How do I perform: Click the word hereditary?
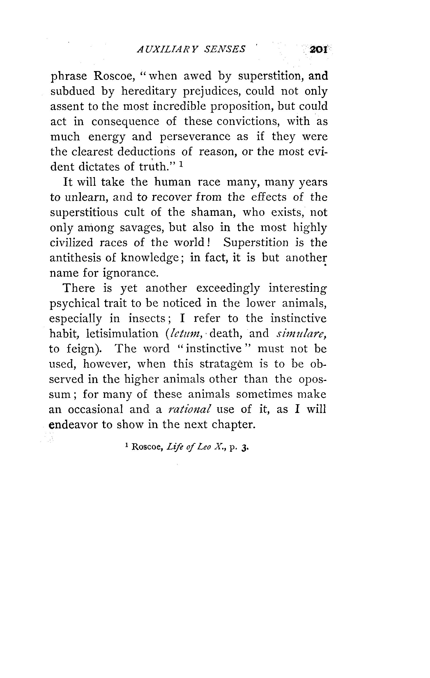[152, 91]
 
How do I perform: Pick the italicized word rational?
[189, 409]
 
